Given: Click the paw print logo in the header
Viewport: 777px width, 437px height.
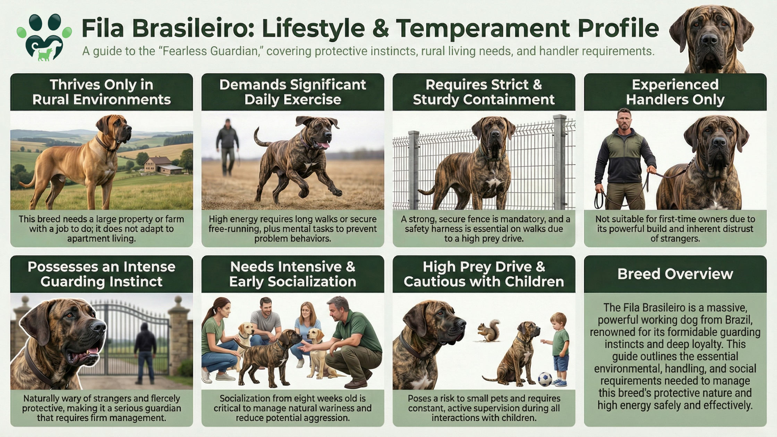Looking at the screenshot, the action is (x=44, y=37).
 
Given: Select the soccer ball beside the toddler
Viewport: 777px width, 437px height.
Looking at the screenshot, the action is (x=545, y=379).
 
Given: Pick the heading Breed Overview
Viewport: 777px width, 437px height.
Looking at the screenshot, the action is (x=675, y=274).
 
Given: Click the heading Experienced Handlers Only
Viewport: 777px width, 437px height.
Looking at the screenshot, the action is (x=675, y=92).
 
